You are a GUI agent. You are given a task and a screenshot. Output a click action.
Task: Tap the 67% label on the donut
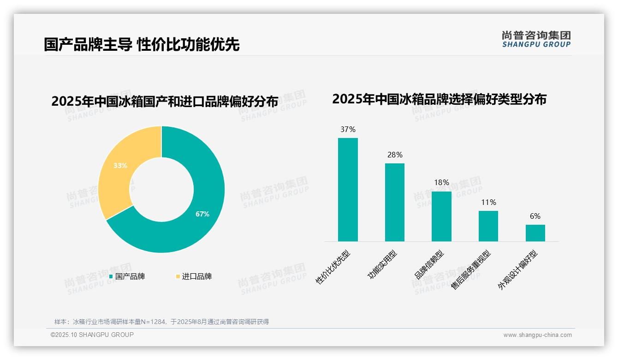pos(202,214)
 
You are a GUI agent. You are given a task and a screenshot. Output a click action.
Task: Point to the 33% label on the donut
pos(120,165)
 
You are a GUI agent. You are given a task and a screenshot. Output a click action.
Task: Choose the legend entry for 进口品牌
pos(194,276)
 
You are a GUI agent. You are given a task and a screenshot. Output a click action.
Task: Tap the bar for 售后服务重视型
pos(488,226)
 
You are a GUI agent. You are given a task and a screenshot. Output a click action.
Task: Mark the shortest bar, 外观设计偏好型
pos(535,233)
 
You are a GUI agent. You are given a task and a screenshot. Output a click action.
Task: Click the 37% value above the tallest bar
pos(348,130)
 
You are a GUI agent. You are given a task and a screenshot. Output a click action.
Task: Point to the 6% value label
pos(535,216)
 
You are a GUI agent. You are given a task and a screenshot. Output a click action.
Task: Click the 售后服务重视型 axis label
pos(471,270)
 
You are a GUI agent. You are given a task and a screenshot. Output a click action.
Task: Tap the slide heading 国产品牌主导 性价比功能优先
pos(142,45)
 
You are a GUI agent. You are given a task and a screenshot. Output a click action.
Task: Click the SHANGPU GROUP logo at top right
pos(536,39)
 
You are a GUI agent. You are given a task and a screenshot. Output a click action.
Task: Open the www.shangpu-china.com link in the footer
pos(537,335)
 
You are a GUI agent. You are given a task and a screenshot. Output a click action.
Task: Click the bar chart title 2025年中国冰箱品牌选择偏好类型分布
pos(439,99)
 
